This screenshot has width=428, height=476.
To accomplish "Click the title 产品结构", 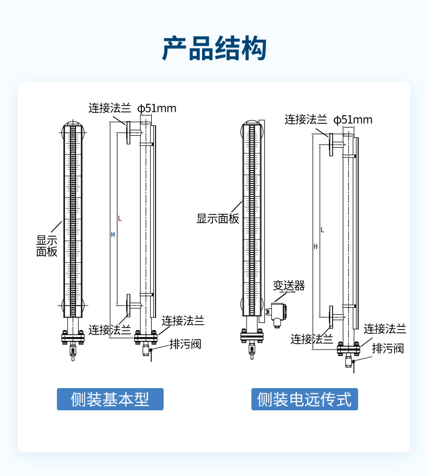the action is pos(214,48).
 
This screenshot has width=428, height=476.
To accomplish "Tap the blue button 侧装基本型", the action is pos(110,399).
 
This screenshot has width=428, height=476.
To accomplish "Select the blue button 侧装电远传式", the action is pos(304,399).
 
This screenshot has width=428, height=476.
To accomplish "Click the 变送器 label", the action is pos(289,285).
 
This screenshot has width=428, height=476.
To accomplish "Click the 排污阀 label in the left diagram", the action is pos(185,344).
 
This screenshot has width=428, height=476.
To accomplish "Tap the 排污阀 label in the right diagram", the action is pos(388,348).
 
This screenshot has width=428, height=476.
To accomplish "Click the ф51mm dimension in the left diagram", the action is pos(157,109).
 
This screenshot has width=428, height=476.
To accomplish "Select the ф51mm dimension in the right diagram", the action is pos(353,119).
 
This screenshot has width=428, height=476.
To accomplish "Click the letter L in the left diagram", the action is pos(120,219).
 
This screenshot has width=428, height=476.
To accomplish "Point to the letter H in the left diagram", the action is pos(113,234).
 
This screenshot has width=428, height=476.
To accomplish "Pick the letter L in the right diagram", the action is pos(322,230).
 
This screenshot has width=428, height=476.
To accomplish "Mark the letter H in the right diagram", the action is pos(315,246).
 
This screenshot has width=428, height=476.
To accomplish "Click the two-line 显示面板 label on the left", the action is pos(47,246).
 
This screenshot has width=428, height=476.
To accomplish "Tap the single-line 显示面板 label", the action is pos(218,219).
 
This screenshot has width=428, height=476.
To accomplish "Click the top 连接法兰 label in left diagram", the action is pos(110,108).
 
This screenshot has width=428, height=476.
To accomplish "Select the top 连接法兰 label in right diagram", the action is pos(306,119).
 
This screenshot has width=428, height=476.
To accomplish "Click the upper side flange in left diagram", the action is pos(128,132).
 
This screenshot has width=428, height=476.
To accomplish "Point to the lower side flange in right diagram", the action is pos(331,317).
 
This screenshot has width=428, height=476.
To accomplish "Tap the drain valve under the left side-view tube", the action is pos(146,349).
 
